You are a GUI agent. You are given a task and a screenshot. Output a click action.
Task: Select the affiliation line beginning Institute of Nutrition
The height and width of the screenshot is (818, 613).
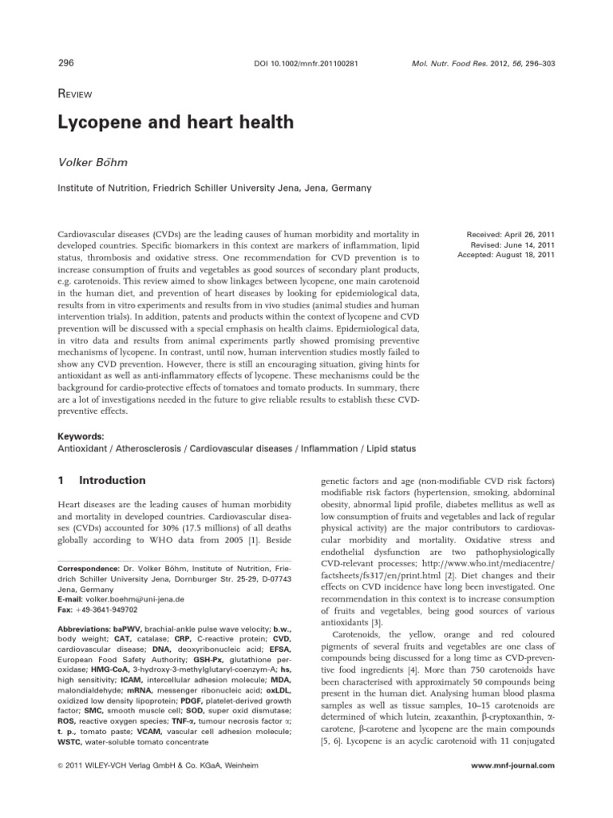coord(202,189)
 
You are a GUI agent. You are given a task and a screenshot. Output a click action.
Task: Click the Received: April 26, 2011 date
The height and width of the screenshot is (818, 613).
coord(510,233)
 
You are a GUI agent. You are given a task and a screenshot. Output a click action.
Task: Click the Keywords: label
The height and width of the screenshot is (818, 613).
coord(82,437)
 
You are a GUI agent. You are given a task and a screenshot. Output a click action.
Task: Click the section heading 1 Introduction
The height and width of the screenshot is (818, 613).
coord(103,480)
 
